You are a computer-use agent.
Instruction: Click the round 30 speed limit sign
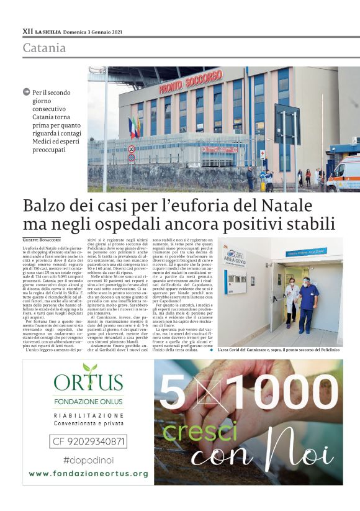(x=131, y=149)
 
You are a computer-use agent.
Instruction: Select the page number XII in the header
(x=27, y=31)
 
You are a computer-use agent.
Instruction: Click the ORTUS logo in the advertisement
(x=88, y=381)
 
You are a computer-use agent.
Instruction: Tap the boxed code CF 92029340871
(x=88, y=442)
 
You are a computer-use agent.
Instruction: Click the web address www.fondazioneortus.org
(x=88, y=473)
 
